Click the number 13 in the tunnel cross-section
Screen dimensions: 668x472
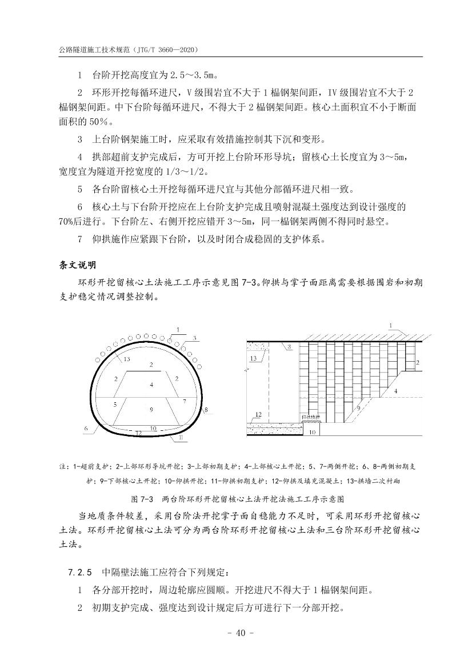pos(127,359)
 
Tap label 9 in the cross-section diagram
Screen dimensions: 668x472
pos(151,409)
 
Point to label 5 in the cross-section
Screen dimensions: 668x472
pos(115,403)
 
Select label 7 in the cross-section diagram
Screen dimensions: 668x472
pos(185,402)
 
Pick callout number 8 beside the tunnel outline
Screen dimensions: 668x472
pos(206,410)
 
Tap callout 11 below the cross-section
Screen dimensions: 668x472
pos(181,438)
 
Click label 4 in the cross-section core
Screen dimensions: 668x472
pos(151,386)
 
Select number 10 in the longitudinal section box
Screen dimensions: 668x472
pos(312,433)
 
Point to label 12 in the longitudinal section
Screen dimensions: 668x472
pos(258,414)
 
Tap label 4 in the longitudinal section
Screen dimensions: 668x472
pos(395,391)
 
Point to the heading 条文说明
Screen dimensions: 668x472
pos(78,266)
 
